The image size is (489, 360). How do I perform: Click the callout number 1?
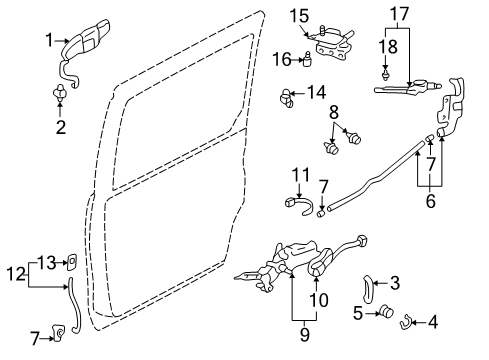point(49,40)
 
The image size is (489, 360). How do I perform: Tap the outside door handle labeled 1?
point(85,43)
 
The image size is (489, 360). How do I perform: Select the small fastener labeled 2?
point(60,93)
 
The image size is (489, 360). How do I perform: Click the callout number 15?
point(299,16)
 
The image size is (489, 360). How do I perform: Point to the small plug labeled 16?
point(307,59)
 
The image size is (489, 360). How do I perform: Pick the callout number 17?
point(399,14)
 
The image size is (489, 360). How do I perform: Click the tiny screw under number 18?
point(386,75)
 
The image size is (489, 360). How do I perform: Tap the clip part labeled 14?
point(286,98)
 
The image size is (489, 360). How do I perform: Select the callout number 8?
point(334,113)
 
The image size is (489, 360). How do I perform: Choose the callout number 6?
point(431,201)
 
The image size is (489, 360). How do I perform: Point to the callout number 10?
point(319,299)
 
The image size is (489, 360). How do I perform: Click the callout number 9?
point(305,334)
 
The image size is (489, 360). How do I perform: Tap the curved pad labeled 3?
point(367,289)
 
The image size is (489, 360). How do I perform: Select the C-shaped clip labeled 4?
point(405,322)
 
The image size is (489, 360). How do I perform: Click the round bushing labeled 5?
point(387,311)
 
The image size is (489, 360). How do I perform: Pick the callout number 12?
point(16,274)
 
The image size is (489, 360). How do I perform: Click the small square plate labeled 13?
point(72,262)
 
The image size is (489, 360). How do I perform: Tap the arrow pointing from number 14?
point(298,93)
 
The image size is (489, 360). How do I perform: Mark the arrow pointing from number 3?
point(380,283)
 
